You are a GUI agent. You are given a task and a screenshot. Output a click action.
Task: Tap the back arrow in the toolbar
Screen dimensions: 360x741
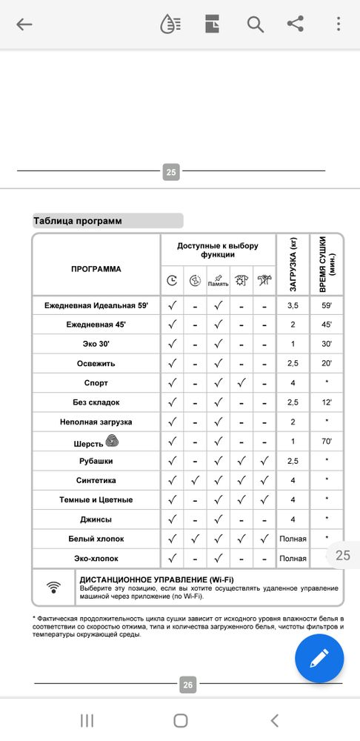[24, 24]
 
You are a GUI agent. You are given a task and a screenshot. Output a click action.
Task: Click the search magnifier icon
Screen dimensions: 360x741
[256, 24]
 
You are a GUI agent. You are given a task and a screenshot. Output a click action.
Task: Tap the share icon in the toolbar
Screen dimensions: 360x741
[296, 24]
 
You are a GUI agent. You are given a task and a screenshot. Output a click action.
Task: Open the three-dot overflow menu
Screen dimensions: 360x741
[339, 24]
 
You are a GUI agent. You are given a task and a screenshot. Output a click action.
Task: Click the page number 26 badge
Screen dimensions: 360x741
[187, 685]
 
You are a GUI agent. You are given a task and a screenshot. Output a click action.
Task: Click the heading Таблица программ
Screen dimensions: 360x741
[78, 221]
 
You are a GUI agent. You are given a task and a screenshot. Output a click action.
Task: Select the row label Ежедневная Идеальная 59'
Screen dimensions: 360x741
[96, 305]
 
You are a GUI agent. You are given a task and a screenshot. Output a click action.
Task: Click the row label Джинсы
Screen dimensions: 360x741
[96, 519]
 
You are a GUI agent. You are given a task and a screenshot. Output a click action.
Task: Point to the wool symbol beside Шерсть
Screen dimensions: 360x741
[113, 441]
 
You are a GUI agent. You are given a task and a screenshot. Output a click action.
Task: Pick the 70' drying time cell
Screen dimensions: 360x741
[327, 442]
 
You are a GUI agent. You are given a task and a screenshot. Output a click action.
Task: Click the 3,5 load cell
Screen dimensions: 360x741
[293, 305]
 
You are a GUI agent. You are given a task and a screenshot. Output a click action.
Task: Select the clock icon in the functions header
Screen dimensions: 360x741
[172, 281]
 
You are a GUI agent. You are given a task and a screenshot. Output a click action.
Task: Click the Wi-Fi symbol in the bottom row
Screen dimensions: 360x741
[53, 588]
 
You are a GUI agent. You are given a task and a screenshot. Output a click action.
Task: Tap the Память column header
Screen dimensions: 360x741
[218, 281]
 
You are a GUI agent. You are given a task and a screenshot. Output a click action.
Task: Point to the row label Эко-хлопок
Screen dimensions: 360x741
[96, 558]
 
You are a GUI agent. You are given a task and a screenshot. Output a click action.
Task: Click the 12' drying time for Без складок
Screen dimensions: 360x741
[327, 402]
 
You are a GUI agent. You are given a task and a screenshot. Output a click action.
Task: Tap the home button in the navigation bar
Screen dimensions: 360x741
[180, 720]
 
